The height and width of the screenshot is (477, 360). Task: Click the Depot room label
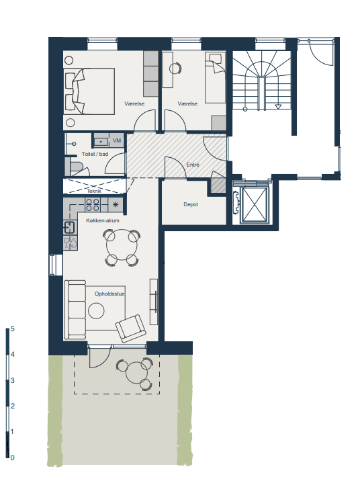191,205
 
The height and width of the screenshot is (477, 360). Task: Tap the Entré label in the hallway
193,165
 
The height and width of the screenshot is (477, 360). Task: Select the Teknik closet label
94,191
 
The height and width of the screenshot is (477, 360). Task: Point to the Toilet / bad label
95,154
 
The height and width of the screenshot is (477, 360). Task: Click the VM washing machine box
117,140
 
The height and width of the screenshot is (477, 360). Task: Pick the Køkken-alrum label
103,220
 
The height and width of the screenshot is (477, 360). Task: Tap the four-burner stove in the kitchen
93,205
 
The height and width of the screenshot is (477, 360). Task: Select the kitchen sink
69,227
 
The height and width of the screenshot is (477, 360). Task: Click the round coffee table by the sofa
96,311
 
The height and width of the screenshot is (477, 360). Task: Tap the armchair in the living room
131,329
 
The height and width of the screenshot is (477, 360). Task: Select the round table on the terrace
136,374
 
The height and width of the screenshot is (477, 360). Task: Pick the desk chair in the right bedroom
175,68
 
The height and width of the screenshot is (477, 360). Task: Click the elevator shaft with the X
255,204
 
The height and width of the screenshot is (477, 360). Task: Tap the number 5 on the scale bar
13,329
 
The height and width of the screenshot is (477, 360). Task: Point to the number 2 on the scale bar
13,406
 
